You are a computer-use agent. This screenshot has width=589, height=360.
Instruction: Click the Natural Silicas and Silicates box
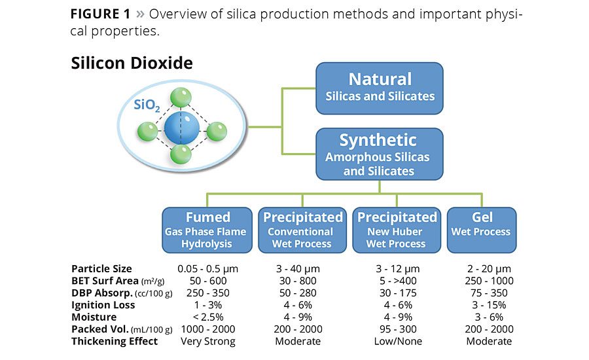pyautogui.click(x=380, y=87)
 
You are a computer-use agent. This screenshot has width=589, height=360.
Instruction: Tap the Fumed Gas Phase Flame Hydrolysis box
pyautogui.click(x=207, y=230)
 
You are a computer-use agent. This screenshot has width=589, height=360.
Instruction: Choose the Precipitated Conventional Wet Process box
pyautogui.click(x=302, y=230)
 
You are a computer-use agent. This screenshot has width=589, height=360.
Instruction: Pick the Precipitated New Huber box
pyautogui.click(x=397, y=230)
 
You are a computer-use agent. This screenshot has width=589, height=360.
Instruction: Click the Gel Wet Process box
pyautogui.click(x=482, y=230)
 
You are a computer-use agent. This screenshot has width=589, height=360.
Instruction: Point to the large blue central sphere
pyautogui.click(x=181, y=128)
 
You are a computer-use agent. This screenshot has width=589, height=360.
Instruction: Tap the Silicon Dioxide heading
pyautogui.click(x=132, y=63)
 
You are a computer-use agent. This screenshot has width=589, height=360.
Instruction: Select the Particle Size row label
pyautogui.click(x=101, y=268)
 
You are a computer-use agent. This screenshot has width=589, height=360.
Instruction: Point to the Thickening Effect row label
pyautogui.click(x=114, y=341)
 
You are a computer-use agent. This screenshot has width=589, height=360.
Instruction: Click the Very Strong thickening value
pyautogui.click(x=207, y=341)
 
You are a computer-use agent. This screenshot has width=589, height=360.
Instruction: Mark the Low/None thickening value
pyautogui.click(x=396, y=341)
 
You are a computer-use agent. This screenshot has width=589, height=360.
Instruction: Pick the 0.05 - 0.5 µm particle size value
pyautogui.click(x=207, y=268)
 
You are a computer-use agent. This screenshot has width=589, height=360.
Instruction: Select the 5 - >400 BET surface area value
pyautogui.click(x=396, y=280)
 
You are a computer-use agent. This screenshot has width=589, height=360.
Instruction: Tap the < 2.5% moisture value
pyautogui.click(x=207, y=317)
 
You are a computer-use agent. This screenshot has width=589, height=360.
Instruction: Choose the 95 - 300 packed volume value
pyautogui.click(x=396, y=329)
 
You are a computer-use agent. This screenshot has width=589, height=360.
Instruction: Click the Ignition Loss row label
pyautogui.click(x=103, y=305)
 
